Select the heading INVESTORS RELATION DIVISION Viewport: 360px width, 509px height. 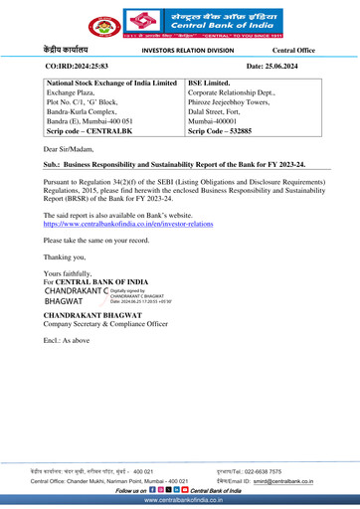pyautogui.click(x=188, y=47)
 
